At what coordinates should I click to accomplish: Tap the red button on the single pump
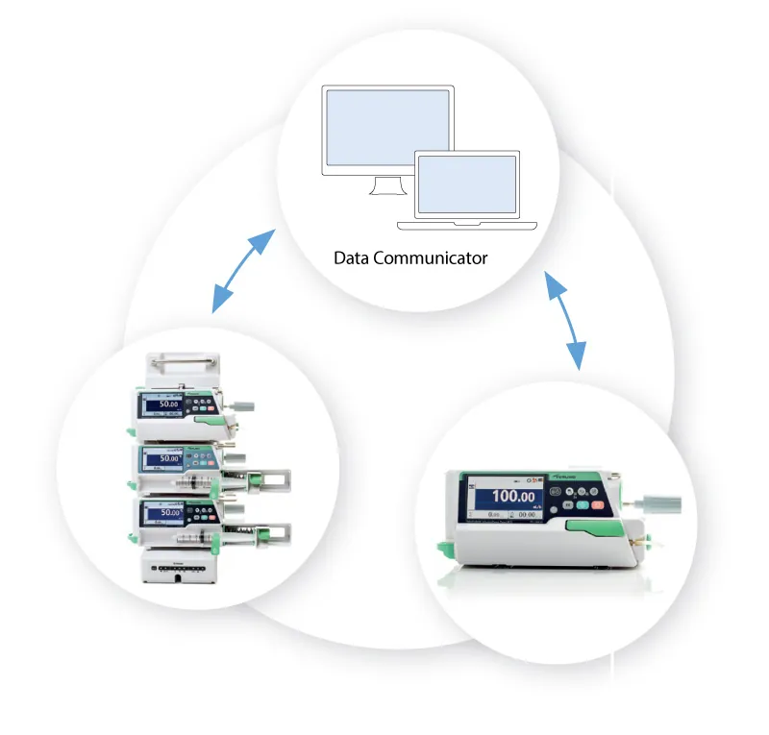(x=597, y=504)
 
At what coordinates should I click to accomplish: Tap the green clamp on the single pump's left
(x=445, y=548)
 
